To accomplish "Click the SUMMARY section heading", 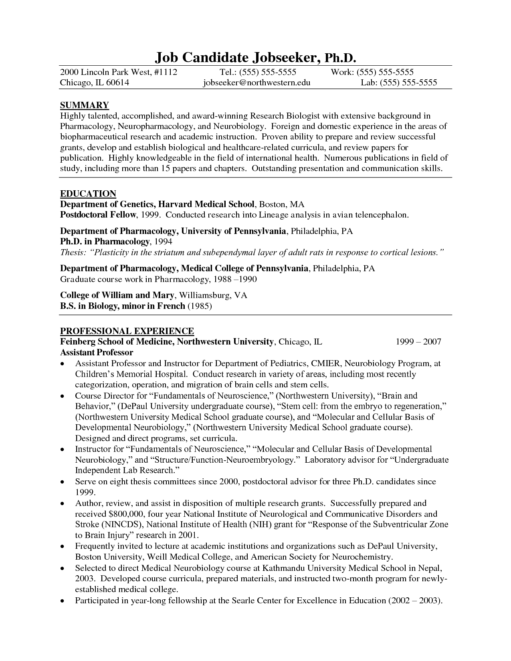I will coord(84,105).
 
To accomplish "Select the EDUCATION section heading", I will coord(88,194).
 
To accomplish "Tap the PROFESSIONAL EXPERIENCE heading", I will coord(127,331).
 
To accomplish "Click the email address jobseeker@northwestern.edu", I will coord(257,83).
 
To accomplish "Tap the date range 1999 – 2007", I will coord(418,342).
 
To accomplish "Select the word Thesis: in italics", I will coord(72,253).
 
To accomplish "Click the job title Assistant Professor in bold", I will coord(97,353).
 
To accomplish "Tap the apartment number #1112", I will coord(165,72).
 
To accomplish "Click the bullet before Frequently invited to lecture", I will coord(63,546).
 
